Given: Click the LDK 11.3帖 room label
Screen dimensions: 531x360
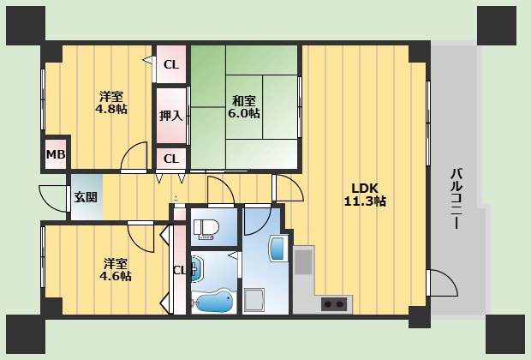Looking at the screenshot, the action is point(365,195).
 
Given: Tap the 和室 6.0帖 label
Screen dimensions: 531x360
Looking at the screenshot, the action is point(244,107).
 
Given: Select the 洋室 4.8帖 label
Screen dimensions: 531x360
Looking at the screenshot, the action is point(111,103).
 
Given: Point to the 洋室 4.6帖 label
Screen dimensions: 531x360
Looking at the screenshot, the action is point(116,270).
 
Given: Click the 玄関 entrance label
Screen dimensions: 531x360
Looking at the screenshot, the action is point(86,197).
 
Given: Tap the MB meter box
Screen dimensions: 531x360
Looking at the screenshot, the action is point(56,154).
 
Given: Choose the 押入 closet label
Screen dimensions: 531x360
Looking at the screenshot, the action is point(171,116).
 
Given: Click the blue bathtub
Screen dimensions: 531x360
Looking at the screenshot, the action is point(214,302).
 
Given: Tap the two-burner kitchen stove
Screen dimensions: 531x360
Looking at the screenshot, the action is point(334,304).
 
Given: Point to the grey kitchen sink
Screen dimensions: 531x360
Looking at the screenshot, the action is point(303,261).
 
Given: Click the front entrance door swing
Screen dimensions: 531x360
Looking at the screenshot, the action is point(53,199).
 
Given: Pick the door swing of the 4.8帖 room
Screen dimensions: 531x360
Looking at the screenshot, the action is point(134,156).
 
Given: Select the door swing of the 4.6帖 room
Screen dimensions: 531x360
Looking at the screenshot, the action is point(140,237).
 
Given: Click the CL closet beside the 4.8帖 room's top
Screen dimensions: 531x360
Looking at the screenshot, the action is point(171,64).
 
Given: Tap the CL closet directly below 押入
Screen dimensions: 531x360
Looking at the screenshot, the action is point(171,159).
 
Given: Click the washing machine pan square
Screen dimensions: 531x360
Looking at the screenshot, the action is point(254,300).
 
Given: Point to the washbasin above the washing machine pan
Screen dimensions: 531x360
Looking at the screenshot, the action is point(277,249).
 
